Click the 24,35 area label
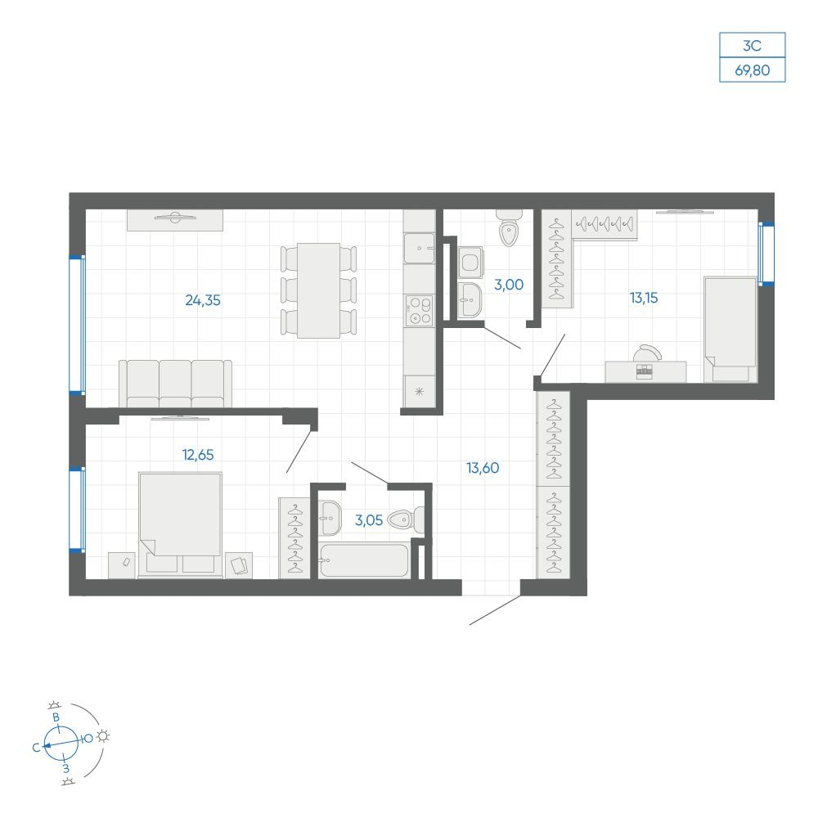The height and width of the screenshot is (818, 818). [x=203, y=300]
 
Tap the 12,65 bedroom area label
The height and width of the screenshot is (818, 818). [x=198, y=455]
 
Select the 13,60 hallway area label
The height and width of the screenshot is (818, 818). [x=483, y=468]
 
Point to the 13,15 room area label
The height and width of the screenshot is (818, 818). [x=644, y=298]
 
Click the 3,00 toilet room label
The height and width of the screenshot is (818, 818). [x=509, y=285]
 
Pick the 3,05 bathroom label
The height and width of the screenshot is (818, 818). [x=369, y=520]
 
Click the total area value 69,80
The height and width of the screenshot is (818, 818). [x=753, y=70]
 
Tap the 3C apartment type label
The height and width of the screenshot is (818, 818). [x=753, y=46]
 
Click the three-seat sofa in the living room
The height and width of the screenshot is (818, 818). [x=175, y=384]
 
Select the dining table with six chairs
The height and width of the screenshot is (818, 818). [x=319, y=290]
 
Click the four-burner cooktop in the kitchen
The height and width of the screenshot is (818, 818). [x=420, y=310]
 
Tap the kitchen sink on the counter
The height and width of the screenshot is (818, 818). [x=420, y=249]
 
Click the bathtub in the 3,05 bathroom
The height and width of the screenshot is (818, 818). [x=364, y=561]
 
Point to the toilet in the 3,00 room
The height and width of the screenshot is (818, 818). [x=509, y=228]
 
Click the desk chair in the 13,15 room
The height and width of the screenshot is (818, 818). [x=647, y=353]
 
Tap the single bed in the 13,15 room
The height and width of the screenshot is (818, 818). [x=730, y=330]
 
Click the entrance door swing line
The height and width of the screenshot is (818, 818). [x=495, y=610]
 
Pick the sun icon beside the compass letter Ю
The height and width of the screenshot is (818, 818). [x=103, y=736]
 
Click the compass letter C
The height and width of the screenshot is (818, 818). [x=36, y=748]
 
